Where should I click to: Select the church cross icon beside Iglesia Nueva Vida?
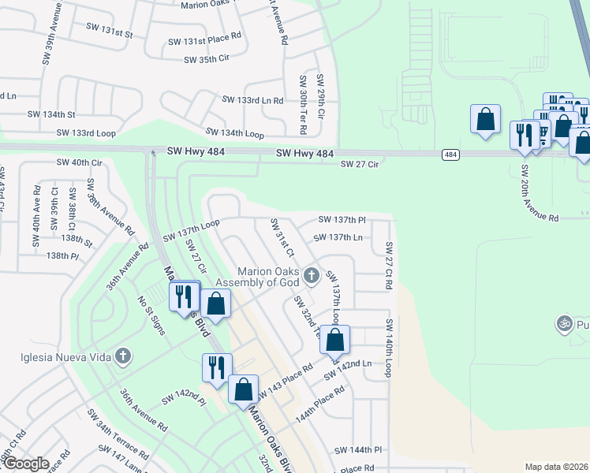tap(122, 356)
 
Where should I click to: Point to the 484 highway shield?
tap(450, 155)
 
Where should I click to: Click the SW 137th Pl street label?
tap(342, 219)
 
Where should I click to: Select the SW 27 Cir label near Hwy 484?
tap(360, 164)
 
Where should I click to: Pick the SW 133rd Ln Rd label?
tap(252, 100)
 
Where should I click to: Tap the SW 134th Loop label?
tap(234, 132)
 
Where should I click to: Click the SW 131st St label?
tap(110, 35)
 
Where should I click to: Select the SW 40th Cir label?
tap(80, 162)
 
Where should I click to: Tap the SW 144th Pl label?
tap(358, 450)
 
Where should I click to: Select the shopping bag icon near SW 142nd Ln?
tap(334, 341)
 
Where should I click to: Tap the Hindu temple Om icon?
tap(564, 323)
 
